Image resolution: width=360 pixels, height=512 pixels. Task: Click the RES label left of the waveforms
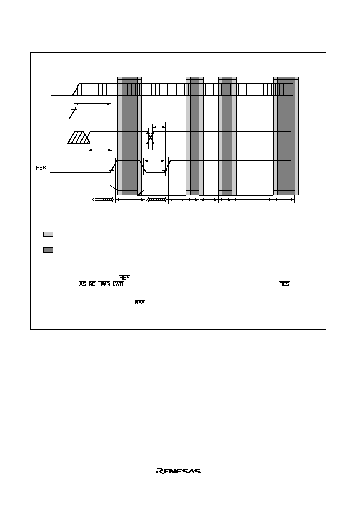pos(41,168)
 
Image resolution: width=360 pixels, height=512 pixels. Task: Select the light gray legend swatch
pos(48,234)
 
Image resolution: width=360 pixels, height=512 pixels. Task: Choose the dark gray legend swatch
pos(48,250)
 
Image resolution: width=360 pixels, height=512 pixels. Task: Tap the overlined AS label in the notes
pos(83,284)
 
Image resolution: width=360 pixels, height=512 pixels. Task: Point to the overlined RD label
pos(92,284)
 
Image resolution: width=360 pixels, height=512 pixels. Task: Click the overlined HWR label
pos(104,284)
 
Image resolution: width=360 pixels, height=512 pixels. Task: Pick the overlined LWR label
pos(118,284)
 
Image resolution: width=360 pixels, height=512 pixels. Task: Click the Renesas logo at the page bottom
pos(178,471)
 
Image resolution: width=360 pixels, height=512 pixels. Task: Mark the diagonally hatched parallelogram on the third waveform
pos(78,137)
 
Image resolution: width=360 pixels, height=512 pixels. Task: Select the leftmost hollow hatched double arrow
pos(104,199)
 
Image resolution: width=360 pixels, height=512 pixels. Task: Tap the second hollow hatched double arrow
pos(157,199)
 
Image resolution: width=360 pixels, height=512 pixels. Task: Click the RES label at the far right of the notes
pos(284,284)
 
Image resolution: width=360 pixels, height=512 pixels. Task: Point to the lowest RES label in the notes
pos(140,302)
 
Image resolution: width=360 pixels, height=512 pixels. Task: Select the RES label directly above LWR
pos(125,277)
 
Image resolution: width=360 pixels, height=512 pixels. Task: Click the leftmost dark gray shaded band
pos(129,135)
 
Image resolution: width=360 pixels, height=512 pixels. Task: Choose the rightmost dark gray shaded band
pos(286,135)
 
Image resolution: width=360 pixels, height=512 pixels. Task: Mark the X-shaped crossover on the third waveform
pos(150,137)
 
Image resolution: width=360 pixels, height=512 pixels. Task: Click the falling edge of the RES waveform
pos(142,166)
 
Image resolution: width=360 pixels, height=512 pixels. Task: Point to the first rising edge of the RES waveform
pos(114,166)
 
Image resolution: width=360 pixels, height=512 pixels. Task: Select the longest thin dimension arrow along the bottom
pos(253,199)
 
